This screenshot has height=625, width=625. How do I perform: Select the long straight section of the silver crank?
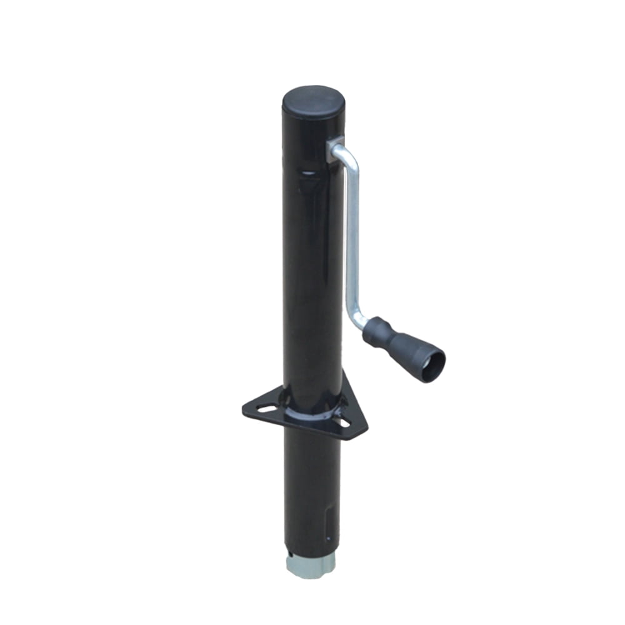point(352,244)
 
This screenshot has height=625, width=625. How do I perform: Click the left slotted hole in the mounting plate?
point(267,409)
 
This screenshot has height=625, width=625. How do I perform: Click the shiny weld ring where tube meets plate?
point(311,414)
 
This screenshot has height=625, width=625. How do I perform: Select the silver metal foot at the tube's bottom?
point(311,566)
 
